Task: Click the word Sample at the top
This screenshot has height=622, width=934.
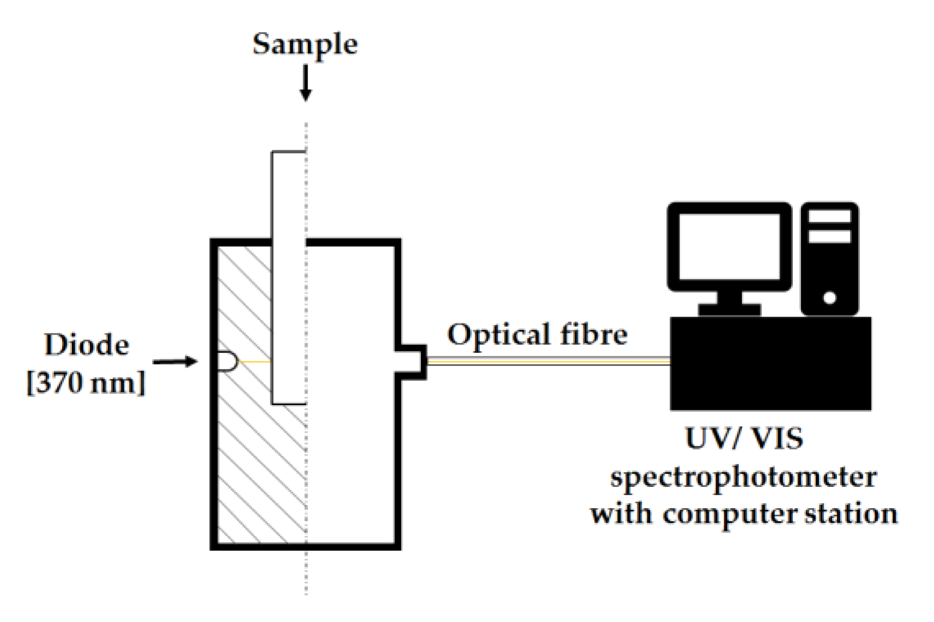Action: pyautogui.click(x=305, y=44)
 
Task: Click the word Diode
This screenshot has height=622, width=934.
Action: pyautogui.click(x=87, y=345)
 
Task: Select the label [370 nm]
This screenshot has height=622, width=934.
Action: pyautogui.click(x=86, y=382)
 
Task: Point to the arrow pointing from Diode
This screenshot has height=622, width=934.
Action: pyautogui.click(x=174, y=362)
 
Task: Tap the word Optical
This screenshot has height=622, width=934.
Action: pyautogui.click(x=498, y=334)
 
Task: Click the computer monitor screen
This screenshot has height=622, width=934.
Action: pyautogui.click(x=730, y=246)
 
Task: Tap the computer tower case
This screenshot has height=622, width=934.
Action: pyautogui.click(x=829, y=259)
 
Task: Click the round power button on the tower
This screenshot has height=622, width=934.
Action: pyautogui.click(x=830, y=298)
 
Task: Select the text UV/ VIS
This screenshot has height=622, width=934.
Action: pyautogui.click(x=744, y=438)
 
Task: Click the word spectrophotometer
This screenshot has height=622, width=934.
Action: pyautogui.click(x=743, y=477)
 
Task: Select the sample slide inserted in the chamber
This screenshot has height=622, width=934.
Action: pyautogui.click(x=288, y=278)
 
